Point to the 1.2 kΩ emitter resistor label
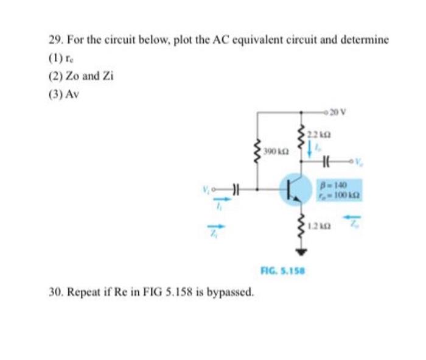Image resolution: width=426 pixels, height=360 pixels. point(321,227)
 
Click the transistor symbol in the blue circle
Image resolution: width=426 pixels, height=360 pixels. point(295,188)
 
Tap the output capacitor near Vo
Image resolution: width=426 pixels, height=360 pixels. point(327,163)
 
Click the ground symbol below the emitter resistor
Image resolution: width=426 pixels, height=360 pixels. point(301,251)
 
